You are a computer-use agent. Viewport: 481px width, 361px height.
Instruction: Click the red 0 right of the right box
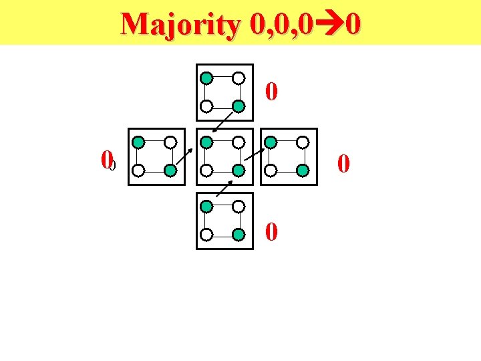coord(343,162)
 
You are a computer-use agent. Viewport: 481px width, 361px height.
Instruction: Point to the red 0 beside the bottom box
coord(271,232)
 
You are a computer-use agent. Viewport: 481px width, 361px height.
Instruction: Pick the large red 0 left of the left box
coord(105,160)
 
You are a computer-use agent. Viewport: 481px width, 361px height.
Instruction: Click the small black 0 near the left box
coord(113,165)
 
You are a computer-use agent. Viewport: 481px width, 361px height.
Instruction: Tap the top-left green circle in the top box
coord(207,78)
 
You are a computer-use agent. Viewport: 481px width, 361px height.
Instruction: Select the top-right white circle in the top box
coord(238,78)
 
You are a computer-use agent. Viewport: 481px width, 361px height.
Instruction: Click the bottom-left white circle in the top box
coord(207,106)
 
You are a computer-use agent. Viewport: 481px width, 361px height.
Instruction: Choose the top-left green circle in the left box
coord(138,142)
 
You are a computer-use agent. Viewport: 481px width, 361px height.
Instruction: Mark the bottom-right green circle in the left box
coord(170,170)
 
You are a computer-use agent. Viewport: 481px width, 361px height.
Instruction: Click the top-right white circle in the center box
coord(238,142)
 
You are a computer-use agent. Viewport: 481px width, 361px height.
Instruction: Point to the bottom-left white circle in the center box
coord(207,170)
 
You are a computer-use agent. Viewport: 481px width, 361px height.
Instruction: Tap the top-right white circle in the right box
coord(303,142)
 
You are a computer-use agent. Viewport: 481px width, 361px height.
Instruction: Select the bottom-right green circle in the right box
coord(303,170)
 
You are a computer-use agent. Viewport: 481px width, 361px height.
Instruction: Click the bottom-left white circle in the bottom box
coord(207,235)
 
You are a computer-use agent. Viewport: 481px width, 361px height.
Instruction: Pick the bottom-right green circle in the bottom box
coord(238,235)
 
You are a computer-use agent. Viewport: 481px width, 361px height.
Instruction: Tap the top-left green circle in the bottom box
coord(207,207)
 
